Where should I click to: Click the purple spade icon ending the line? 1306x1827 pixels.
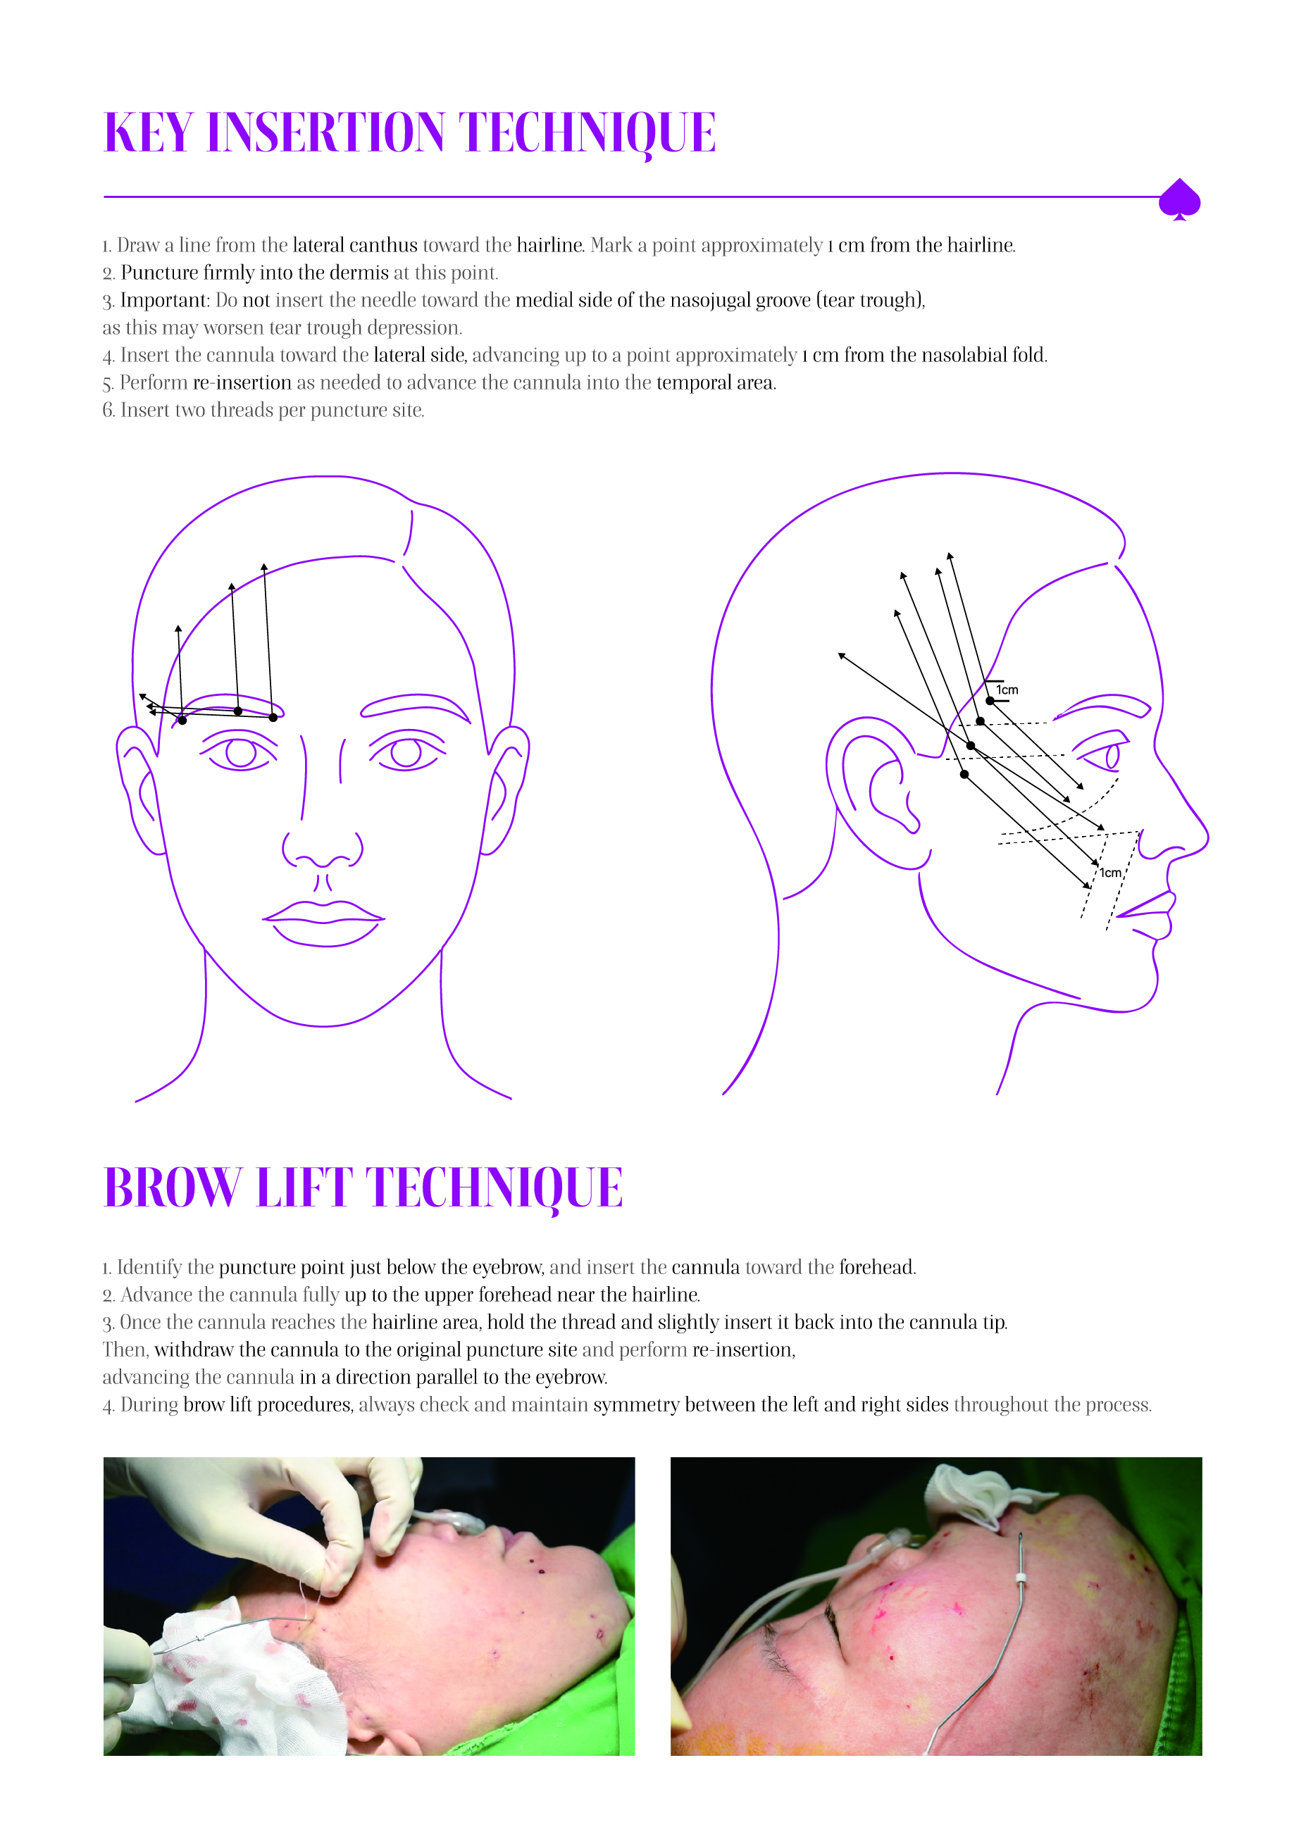[1179, 199]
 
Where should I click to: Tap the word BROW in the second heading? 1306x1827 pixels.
[173, 1187]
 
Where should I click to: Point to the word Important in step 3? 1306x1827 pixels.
[165, 301]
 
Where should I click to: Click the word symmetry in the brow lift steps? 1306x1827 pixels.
[630, 1405]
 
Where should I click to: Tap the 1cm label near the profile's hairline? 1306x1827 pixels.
[1007, 690]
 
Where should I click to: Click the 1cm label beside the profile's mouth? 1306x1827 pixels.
[1111, 873]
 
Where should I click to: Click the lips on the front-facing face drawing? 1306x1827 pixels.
[323, 923]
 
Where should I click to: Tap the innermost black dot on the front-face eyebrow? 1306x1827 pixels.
[273, 717]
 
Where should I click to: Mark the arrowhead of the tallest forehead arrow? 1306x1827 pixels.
[263, 567]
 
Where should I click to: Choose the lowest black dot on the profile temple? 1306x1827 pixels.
[964, 774]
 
